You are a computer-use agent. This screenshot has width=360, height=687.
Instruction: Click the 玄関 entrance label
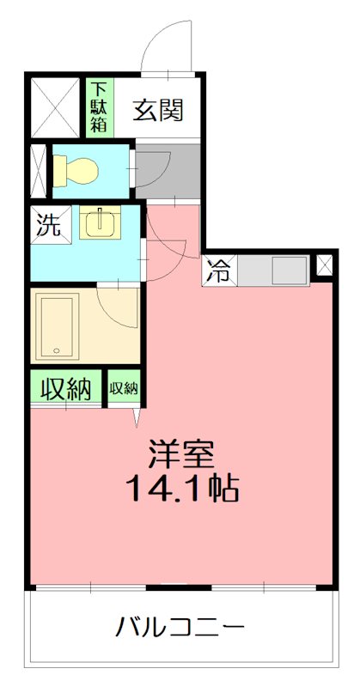[157, 110]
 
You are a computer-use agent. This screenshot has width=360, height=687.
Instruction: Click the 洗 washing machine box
[48, 225]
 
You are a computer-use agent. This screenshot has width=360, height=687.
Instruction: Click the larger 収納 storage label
[67, 389]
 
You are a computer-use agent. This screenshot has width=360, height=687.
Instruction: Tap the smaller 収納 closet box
[124, 388]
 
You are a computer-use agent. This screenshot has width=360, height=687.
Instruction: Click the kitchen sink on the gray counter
[286, 273]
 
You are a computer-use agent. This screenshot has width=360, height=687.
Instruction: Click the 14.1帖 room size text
[181, 489]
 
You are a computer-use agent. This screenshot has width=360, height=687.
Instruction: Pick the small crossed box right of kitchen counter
[324, 265]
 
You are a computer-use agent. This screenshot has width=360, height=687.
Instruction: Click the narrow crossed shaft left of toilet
[39, 170]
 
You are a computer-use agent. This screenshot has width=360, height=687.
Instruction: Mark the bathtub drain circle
[57, 350]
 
